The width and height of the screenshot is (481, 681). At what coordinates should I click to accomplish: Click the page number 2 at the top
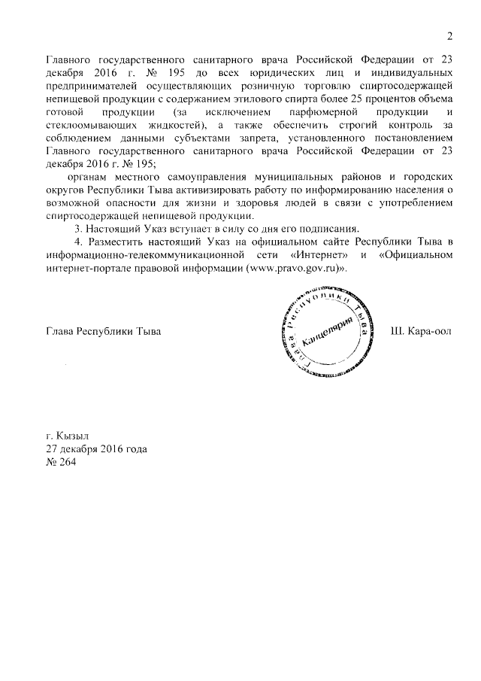point(449,35)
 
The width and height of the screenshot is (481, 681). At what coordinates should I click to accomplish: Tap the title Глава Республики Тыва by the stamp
point(103,332)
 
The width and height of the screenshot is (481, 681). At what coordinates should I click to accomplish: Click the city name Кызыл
point(68,436)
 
